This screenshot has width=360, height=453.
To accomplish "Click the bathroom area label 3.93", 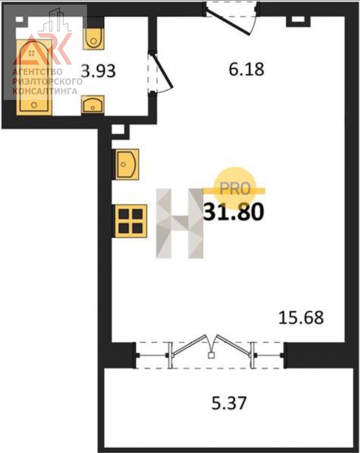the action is [x=98, y=71].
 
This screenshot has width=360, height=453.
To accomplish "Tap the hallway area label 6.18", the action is [x=246, y=69].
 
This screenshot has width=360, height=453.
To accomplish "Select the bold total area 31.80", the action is [x=233, y=211].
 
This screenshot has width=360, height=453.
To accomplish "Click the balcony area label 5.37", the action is [x=229, y=403].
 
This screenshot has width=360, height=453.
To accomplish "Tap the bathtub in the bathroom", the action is [x=34, y=77].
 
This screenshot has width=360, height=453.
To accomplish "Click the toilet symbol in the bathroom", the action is [x=94, y=39].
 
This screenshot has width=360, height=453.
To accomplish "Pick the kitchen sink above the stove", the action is [x=127, y=165].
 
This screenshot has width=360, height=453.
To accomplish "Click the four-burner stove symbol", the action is [x=131, y=221].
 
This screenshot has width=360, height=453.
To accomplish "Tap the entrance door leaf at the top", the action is [x=228, y=23].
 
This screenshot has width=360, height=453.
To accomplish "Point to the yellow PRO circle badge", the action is [x=235, y=188].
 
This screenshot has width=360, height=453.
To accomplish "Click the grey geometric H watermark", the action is [x=180, y=223].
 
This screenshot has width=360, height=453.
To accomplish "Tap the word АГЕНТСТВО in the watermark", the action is [x=37, y=72].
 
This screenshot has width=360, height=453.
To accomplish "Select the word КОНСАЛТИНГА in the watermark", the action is [x=45, y=91].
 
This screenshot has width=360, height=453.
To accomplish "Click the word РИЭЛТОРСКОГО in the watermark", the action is [x=47, y=82].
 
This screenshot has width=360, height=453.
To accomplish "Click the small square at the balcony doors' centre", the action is [x=211, y=356].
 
